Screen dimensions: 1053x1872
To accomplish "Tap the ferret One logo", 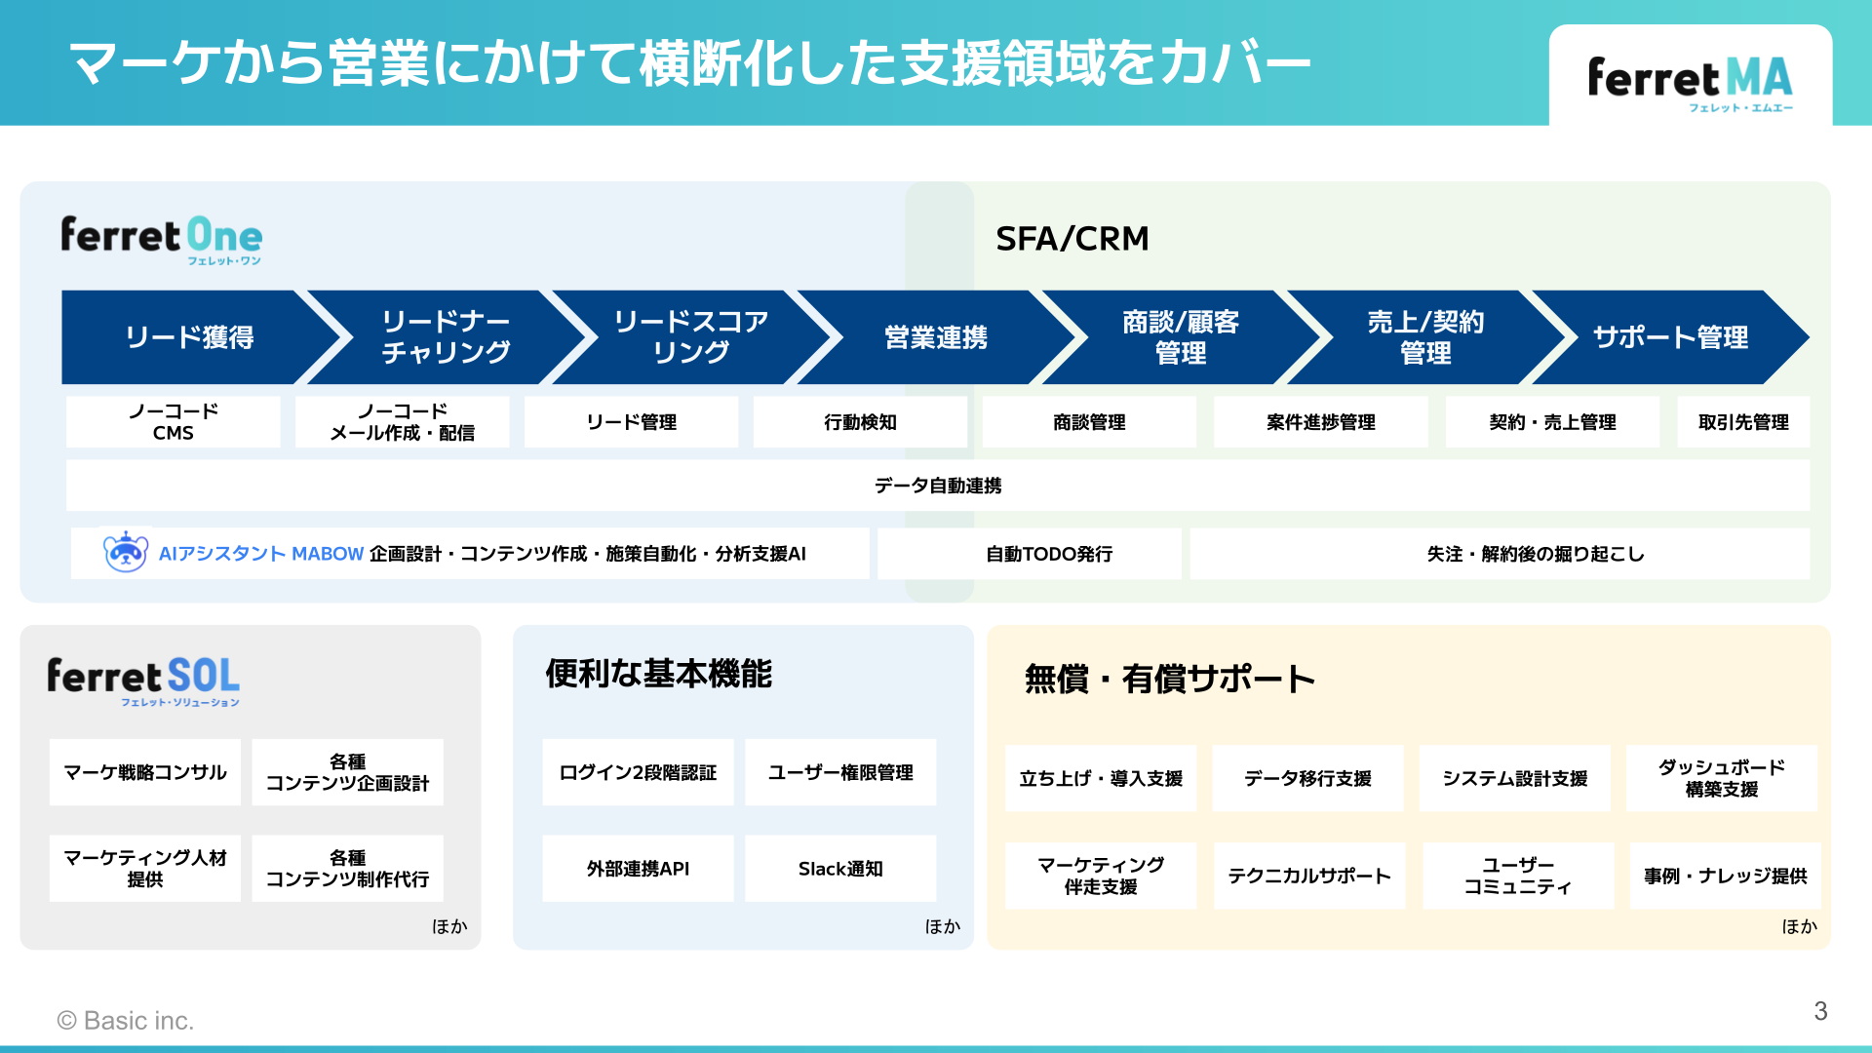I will (x=162, y=239).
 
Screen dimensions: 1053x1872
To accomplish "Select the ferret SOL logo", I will (x=143, y=681).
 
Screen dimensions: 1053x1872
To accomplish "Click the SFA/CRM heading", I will (x=1072, y=239).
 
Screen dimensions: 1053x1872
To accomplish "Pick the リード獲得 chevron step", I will (x=189, y=337).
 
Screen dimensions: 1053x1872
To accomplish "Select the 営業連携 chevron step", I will (x=935, y=337).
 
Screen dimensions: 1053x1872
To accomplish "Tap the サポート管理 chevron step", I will (x=1669, y=337).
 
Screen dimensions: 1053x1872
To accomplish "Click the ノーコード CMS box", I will (x=174, y=422).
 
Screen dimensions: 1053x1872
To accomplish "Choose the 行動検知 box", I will (x=860, y=422).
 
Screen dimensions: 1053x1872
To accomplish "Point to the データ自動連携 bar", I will (x=937, y=486).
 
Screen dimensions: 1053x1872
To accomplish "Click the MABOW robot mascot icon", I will (x=126, y=553).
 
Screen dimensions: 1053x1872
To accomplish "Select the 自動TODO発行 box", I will (x=1048, y=554).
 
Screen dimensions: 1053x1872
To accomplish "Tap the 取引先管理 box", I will (x=1742, y=422).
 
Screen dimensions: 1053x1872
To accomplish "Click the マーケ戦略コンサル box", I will (x=145, y=772).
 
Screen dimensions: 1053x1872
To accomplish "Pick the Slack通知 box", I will (x=840, y=869).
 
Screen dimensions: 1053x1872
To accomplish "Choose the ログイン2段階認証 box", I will (x=638, y=772).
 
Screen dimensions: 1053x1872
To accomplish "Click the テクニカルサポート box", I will (x=1308, y=876).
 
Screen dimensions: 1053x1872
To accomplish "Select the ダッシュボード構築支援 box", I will (x=1721, y=778).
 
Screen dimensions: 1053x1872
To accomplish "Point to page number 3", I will (x=1819, y=1011).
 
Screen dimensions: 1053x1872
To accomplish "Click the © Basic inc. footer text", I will (x=126, y=1021).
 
